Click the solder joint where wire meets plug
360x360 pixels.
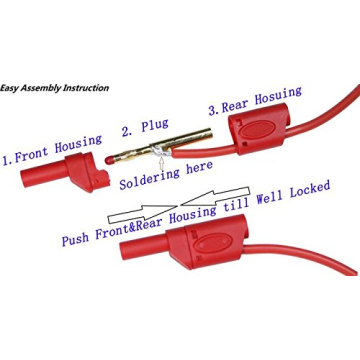[163, 152]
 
